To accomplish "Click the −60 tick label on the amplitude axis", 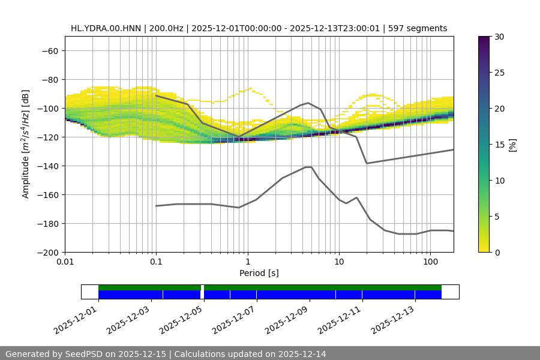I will click(49, 50).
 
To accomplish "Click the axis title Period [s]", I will click(259, 273).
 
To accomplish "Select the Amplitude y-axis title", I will click(26, 144).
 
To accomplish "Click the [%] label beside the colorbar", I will click(512, 144).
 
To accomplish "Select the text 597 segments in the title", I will click(417, 28).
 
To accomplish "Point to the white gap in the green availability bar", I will click(202, 287).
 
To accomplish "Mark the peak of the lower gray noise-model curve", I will click(308, 167).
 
